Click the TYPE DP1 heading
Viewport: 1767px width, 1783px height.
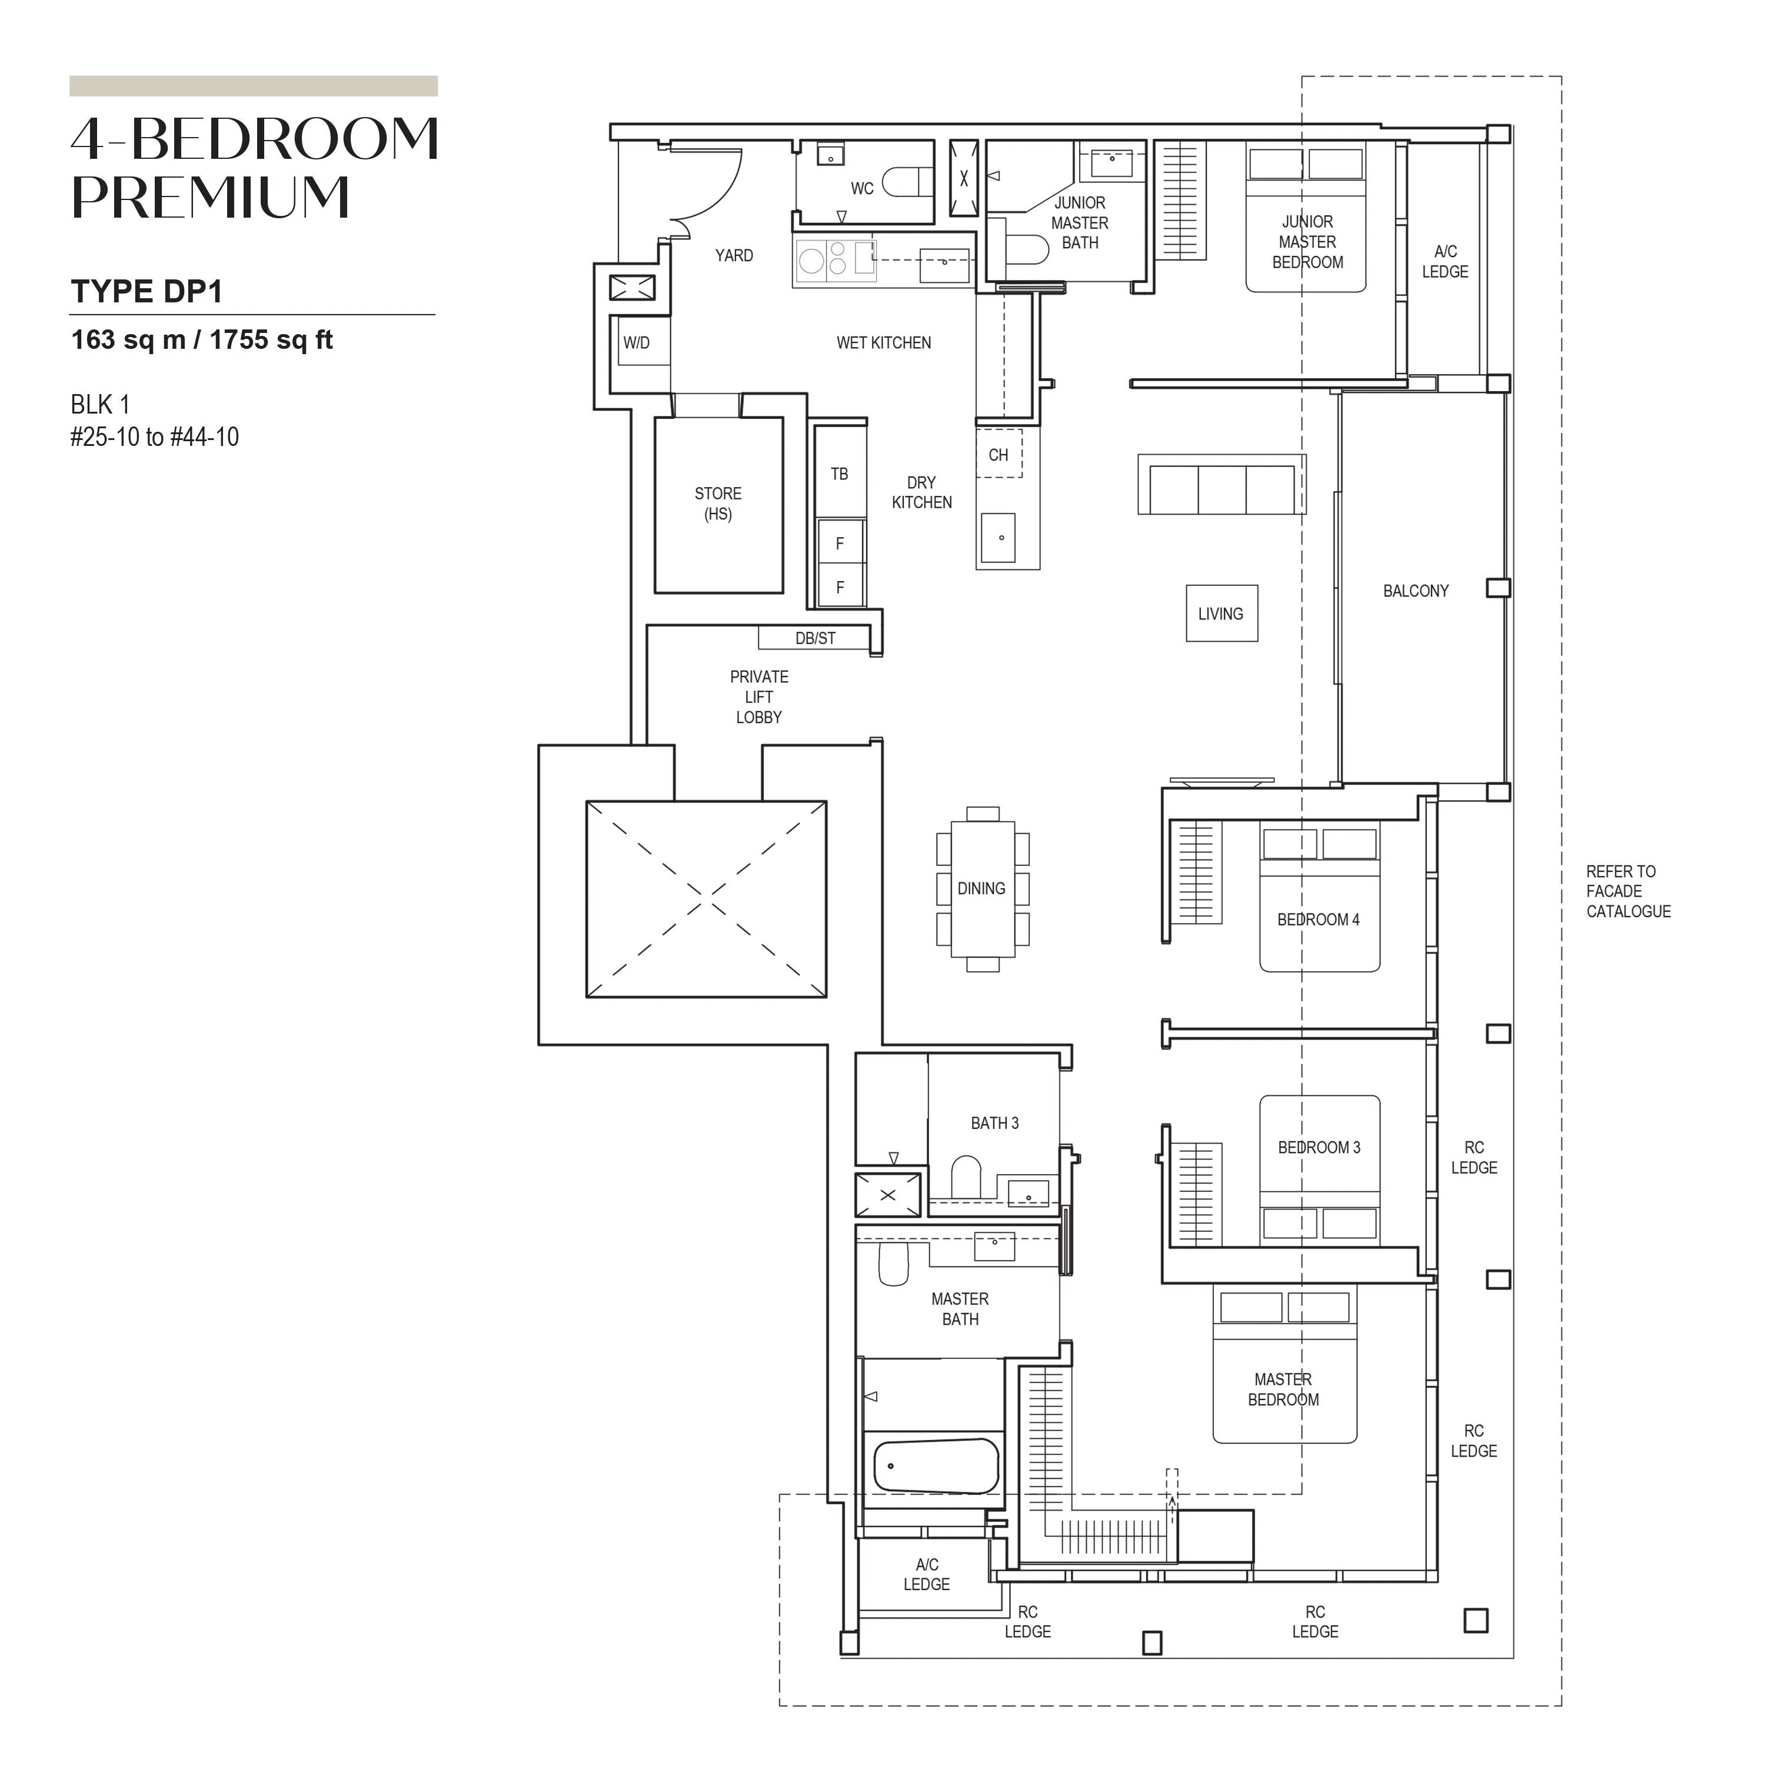(147, 292)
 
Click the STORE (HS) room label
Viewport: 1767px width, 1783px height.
(718, 504)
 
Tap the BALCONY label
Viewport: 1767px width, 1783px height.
(1415, 591)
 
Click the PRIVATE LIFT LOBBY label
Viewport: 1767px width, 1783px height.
(759, 696)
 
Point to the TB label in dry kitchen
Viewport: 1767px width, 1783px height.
(839, 474)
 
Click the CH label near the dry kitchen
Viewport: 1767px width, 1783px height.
(998, 455)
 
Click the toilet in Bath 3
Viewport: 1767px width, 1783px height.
(966, 1177)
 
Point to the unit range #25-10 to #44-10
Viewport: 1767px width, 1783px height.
(154, 436)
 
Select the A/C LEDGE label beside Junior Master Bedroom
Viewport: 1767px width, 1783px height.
(1445, 261)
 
